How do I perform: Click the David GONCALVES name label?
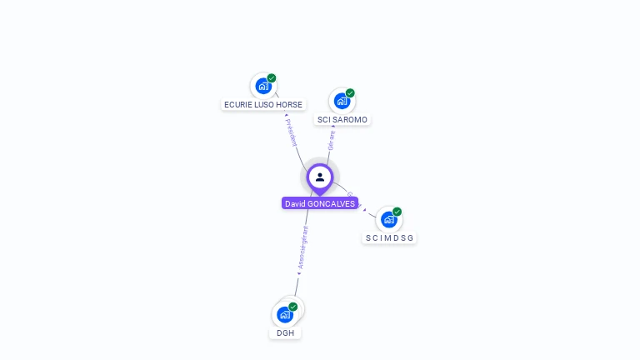click(x=320, y=203)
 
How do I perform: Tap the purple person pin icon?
click(x=320, y=177)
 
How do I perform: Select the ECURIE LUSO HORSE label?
click(x=263, y=105)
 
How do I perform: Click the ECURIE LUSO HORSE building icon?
click(x=263, y=86)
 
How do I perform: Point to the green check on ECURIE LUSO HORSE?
click(x=272, y=78)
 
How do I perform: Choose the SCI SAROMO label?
click(x=342, y=120)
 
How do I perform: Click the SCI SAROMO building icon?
click(x=342, y=101)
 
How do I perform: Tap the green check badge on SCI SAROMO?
click(x=350, y=93)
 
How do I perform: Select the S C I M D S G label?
click(x=389, y=238)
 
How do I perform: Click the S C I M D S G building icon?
click(x=388, y=220)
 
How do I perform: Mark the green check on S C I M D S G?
click(x=397, y=212)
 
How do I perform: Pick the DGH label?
click(x=285, y=333)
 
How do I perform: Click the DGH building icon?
click(x=284, y=314)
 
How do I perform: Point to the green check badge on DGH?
click(x=293, y=307)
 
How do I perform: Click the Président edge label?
click(x=291, y=132)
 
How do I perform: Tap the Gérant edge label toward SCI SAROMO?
click(x=332, y=140)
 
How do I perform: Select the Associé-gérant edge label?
click(x=303, y=247)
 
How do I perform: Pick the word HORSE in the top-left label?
click(x=291, y=105)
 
